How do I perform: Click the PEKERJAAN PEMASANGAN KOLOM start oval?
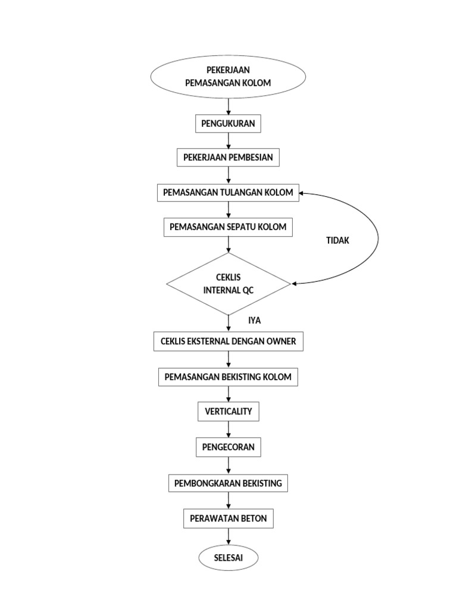point(228,77)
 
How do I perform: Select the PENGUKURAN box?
point(228,124)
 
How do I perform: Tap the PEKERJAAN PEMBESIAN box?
point(228,158)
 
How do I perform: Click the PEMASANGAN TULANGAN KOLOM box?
point(228,193)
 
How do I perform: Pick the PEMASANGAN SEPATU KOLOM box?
point(228,227)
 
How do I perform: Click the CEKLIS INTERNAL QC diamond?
point(228,284)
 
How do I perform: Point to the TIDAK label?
point(337,240)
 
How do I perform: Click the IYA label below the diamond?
point(255,321)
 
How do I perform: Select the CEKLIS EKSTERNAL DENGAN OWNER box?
point(228,341)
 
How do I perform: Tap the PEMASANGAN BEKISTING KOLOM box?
point(228,377)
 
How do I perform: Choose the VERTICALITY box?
point(228,412)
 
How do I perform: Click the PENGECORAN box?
point(228,447)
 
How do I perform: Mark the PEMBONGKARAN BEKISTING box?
point(228,483)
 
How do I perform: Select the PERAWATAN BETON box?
point(228,519)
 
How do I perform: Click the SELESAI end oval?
point(228,558)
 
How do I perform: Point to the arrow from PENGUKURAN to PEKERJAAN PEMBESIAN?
point(228,141)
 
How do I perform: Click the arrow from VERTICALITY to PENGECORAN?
point(228,429)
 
